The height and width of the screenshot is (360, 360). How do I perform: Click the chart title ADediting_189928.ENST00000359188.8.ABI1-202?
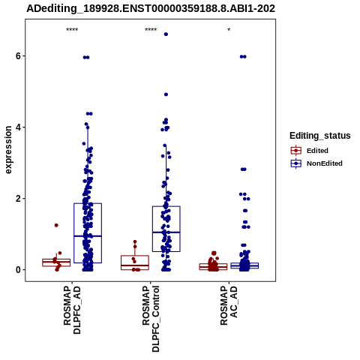(x=151, y=8)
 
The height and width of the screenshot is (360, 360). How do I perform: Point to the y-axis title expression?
(x=8, y=150)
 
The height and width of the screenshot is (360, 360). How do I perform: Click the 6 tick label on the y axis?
(x=18, y=56)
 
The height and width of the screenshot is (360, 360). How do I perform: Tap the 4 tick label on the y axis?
(x=18, y=127)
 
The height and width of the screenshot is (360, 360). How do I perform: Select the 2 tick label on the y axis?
(x=18, y=199)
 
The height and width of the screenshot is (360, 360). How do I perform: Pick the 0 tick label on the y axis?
(x=18, y=270)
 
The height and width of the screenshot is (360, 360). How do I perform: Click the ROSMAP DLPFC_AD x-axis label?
(x=72, y=310)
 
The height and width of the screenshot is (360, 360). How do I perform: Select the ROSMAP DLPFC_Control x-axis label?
(x=151, y=319)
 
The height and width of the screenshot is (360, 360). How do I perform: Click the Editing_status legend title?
(x=320, y=136)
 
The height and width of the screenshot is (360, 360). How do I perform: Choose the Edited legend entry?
(x=310, y=151)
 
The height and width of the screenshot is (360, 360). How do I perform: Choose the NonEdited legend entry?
(x=316, y=163)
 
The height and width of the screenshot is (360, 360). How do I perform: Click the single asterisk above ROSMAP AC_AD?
(x=229, y=30)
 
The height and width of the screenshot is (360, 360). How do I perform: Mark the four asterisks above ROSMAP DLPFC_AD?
(x=72, y=30)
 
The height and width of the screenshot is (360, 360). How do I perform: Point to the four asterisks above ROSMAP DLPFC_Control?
(x=151, y=30)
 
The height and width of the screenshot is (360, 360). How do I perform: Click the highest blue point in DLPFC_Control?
(x=166, y=34)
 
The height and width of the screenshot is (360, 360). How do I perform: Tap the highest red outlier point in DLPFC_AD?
(x=56, y=225)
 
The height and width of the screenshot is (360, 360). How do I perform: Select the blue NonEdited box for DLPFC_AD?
(x=88, y=233)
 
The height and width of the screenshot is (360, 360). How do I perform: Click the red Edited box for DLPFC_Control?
(x=135, y=262)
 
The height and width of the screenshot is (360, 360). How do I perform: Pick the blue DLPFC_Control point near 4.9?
(x=166, y=94)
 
